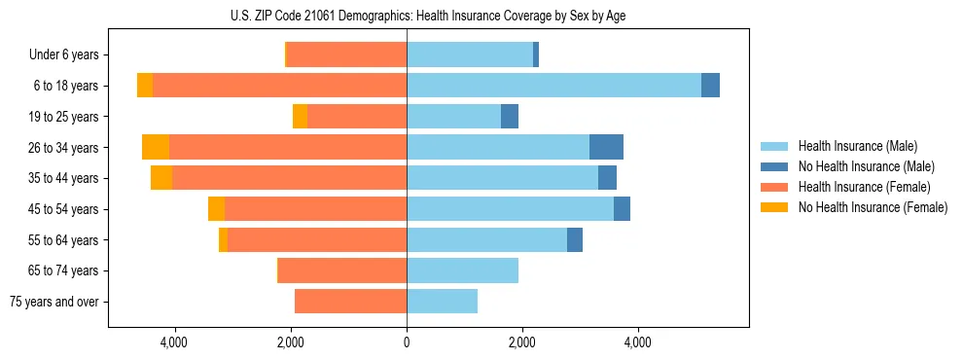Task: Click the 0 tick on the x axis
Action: tap(407, 342)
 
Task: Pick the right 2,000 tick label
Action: tap(522, 342)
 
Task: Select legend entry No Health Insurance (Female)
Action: tap(873, 207)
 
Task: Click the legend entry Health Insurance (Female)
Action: tap(864, 187)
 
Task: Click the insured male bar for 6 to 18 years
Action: tap(553, 86)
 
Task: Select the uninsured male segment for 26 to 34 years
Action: tap(606, 147)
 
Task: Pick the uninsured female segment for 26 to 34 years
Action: tap(156, 147)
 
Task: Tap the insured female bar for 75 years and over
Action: tap(350, 302)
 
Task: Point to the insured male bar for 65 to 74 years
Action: tap(462, 270)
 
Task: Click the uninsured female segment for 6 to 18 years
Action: tap(145, 86)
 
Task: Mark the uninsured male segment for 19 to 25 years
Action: tap(510, 117)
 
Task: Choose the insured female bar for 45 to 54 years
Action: tap(315, 209)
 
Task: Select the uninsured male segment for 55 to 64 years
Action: tap(575, 240)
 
